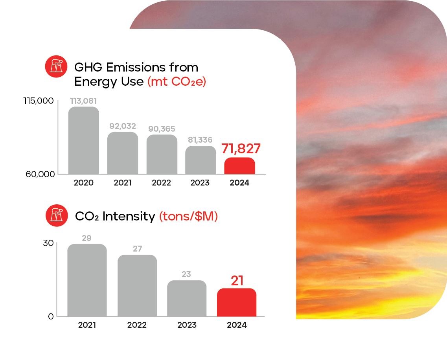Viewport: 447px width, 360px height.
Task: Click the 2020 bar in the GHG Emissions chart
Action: pos(83,141)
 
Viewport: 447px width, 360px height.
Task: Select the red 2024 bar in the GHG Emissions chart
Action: pos(239,166)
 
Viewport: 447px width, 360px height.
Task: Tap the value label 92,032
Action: pos(122,126)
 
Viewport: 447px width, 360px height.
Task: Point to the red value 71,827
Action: pos(241,149)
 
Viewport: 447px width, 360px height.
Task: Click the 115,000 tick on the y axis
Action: pos(38,101)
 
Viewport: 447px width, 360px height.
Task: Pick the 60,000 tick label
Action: pos(40,174)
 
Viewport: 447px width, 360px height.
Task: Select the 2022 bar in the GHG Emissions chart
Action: pos(162,154)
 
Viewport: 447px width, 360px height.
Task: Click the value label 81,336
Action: pos(200,140)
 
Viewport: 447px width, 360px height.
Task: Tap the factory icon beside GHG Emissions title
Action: pos(57,66)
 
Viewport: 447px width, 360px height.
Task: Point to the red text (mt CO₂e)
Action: pos(177,82)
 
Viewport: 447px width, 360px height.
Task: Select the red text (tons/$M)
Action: pos(188,216)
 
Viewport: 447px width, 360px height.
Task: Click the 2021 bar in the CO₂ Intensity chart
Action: pos(87,280)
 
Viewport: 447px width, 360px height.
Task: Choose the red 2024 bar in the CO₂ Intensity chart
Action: pos(237,303)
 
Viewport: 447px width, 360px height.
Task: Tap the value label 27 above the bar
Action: pos(137,248)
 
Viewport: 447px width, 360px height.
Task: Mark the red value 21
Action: pos(237,281)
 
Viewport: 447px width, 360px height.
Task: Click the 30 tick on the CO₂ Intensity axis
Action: pos(48,243)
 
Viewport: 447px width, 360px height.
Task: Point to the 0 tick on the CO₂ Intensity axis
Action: pos(51,316)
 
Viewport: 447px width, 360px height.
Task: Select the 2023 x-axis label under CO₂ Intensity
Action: pos(187,325)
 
